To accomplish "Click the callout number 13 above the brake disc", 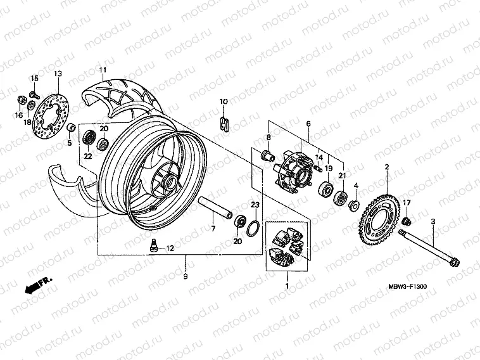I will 58,74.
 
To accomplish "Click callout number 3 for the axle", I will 433,221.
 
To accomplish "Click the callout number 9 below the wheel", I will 186,276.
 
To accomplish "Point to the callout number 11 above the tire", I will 101,69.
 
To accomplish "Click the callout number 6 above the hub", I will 308,124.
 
